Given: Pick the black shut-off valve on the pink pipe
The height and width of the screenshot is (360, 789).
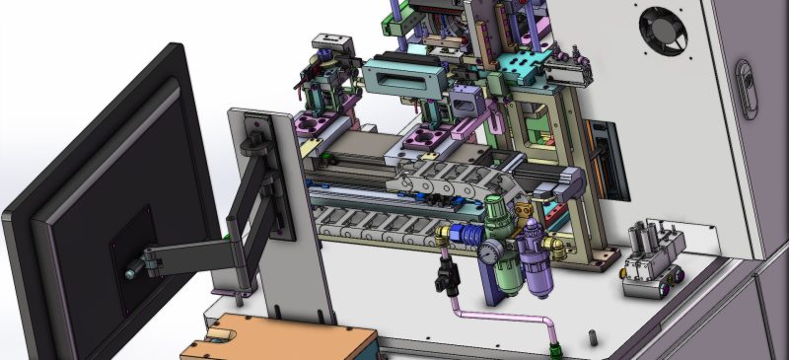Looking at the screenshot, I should coord(446,279).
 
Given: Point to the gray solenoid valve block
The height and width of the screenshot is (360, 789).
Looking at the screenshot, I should coord(651,258).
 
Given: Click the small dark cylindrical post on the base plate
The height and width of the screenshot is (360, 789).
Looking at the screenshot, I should coord(593,336).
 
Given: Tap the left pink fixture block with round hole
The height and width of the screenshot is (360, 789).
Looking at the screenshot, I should coord(317,124).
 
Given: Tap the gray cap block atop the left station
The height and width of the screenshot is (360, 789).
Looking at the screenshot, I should coord(332,43).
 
